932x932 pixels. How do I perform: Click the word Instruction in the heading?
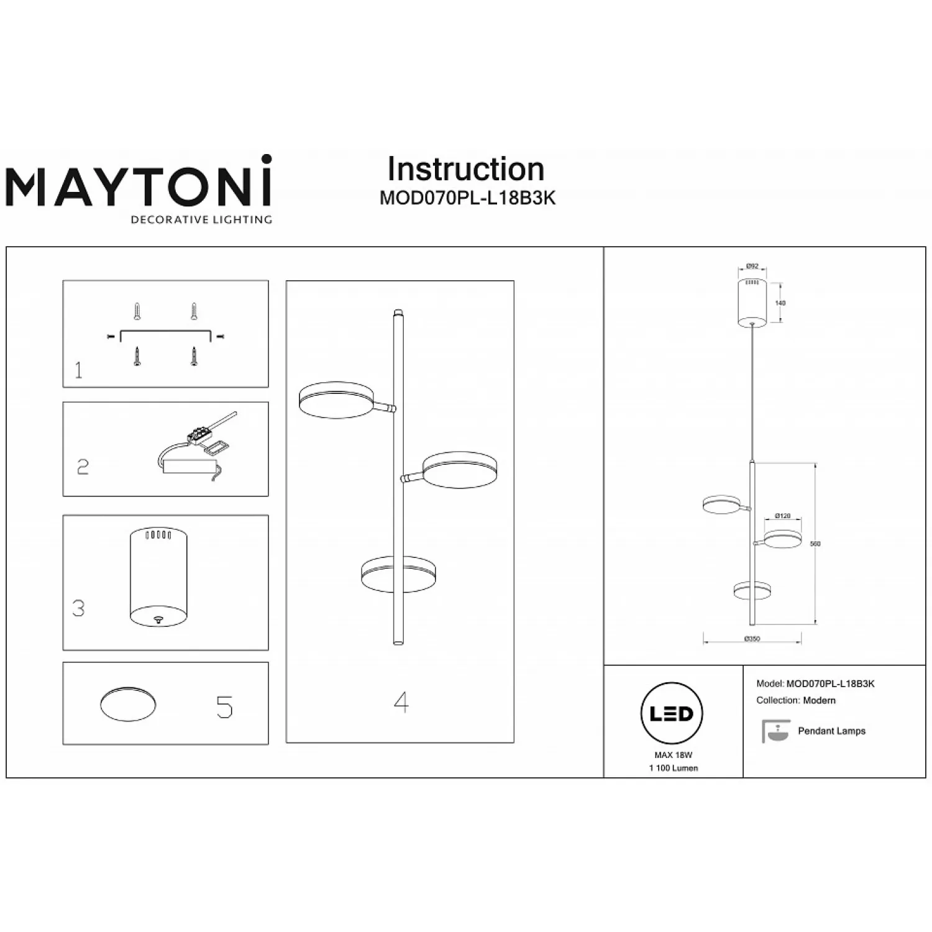[x=465, y=169]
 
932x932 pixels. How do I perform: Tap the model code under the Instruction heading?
[x=467, y=198]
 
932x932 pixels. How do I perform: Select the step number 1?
[x=78, y=371]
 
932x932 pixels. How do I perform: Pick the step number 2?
[x=83, y=467]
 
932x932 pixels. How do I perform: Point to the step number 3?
[x=78, y=608]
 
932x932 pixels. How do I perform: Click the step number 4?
[x=401, y=703]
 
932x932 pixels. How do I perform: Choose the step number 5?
[x=224, y=707]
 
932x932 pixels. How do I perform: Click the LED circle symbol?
[x=671, y=713]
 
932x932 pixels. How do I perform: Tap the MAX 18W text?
[x=673, y=755]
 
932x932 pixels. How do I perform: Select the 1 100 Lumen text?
[x=673, y=768]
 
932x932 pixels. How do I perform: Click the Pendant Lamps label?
[x=831, y=731]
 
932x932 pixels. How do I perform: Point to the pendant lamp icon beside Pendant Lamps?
[x=775, y=731]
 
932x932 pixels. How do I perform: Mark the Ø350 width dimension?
[x=752, y=639]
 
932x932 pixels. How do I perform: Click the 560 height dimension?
[x=815, y=544]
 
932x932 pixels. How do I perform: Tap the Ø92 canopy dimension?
[x=752, y=267]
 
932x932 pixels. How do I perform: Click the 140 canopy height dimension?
[x=780, y=303]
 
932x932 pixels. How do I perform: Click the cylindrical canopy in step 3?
[x=158, y=578]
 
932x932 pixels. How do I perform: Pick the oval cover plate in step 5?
[x=128, y=705]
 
